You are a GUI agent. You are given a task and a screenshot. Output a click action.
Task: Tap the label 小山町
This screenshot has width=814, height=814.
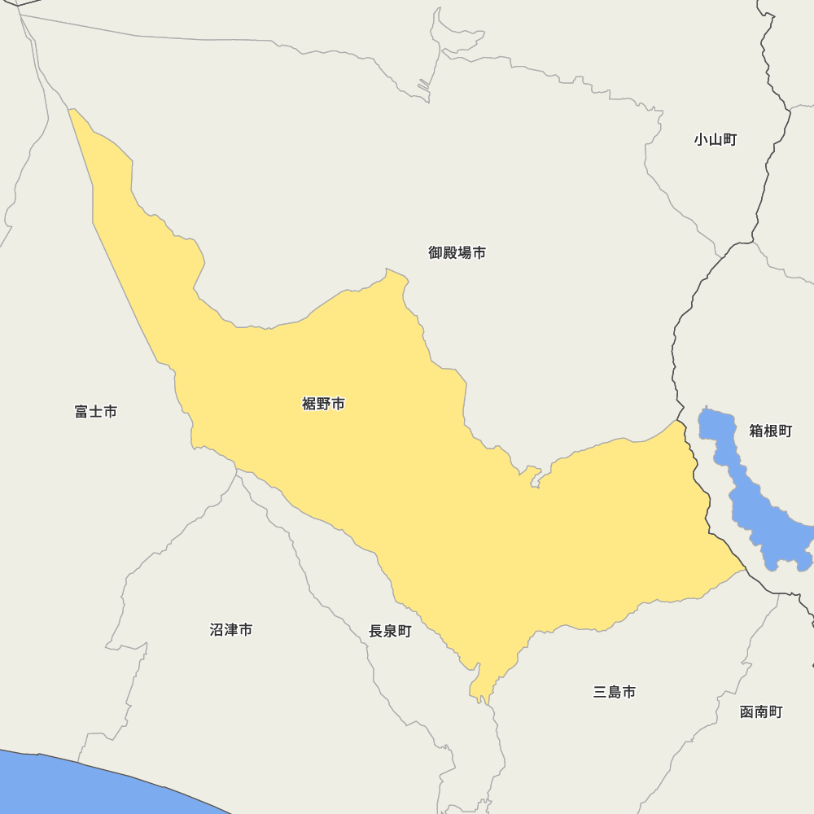(x=715, y=140)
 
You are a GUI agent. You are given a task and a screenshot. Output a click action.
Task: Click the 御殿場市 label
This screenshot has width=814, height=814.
(x=457, y=253)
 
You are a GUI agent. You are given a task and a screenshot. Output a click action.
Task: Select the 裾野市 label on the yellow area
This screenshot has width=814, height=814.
(x=323, y=404)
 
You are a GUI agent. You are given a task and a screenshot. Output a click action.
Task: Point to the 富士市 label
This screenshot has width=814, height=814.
(x=95, y=412)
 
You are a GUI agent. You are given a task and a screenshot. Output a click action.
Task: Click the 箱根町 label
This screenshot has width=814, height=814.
(x=770, y=431)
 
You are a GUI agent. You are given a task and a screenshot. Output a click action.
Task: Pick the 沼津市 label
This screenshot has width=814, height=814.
(x=230, y=630)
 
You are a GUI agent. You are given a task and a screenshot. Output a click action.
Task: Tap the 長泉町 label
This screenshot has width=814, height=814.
(x=390, y=632)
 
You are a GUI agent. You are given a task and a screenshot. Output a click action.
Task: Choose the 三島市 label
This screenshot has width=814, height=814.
(x=615, y=693)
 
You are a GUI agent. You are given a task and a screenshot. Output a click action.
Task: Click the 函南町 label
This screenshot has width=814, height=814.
(x=761, y=712)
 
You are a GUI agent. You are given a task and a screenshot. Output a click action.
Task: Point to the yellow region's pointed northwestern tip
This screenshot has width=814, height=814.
(x=72, y=112)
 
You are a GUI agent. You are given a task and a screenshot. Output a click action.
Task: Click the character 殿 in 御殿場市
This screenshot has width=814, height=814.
(x=450, y=253)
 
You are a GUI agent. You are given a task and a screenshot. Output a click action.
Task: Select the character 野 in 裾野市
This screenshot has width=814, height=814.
(x=323, y=404)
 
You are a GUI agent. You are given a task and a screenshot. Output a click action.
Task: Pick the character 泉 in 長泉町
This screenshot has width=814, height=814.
(x=390, y=632)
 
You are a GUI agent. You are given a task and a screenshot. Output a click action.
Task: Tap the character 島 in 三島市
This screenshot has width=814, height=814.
(x=615, y=693)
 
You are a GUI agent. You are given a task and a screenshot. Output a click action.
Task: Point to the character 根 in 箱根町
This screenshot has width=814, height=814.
(x=770, y=431)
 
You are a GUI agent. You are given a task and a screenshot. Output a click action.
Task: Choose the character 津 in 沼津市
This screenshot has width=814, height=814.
(x=230, y=630)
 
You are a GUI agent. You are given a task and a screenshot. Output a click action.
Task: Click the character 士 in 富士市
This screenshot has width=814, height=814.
(x=95, y=412)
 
